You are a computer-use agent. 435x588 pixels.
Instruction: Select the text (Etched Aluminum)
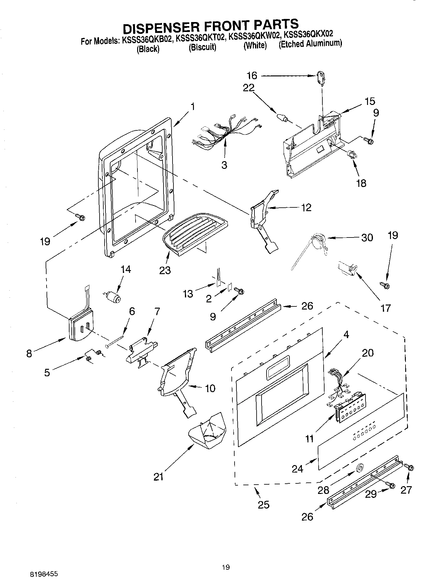pos(310,44)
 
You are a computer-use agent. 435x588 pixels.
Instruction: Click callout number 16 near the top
pos(252,75)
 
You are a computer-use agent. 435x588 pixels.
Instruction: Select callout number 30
pos(367,237)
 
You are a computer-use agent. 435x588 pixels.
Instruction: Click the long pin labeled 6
pos(115,340)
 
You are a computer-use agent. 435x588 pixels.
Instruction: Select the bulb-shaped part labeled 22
pos(282,118)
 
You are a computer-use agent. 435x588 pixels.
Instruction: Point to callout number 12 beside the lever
pos(306,207)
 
